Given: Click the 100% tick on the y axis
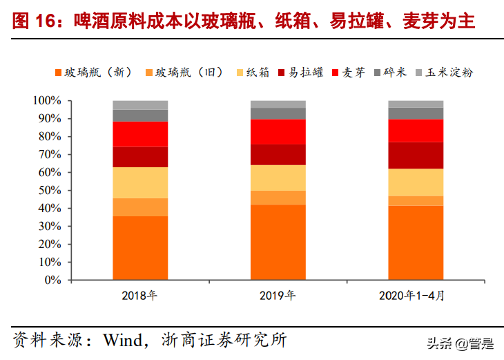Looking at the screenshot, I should tap(47, 101).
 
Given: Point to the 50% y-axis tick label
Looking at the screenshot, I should tap(50, 191).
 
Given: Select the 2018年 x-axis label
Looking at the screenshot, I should tap(139, 296).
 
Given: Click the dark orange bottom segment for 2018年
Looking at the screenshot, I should tap(140, 248).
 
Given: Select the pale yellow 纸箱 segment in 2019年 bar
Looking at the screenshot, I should tap(278, 178).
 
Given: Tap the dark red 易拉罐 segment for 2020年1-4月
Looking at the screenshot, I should tap(416, 155).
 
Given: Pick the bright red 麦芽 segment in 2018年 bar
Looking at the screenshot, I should tap(140, 133).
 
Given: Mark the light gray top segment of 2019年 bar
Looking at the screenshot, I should tap(278, 104).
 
